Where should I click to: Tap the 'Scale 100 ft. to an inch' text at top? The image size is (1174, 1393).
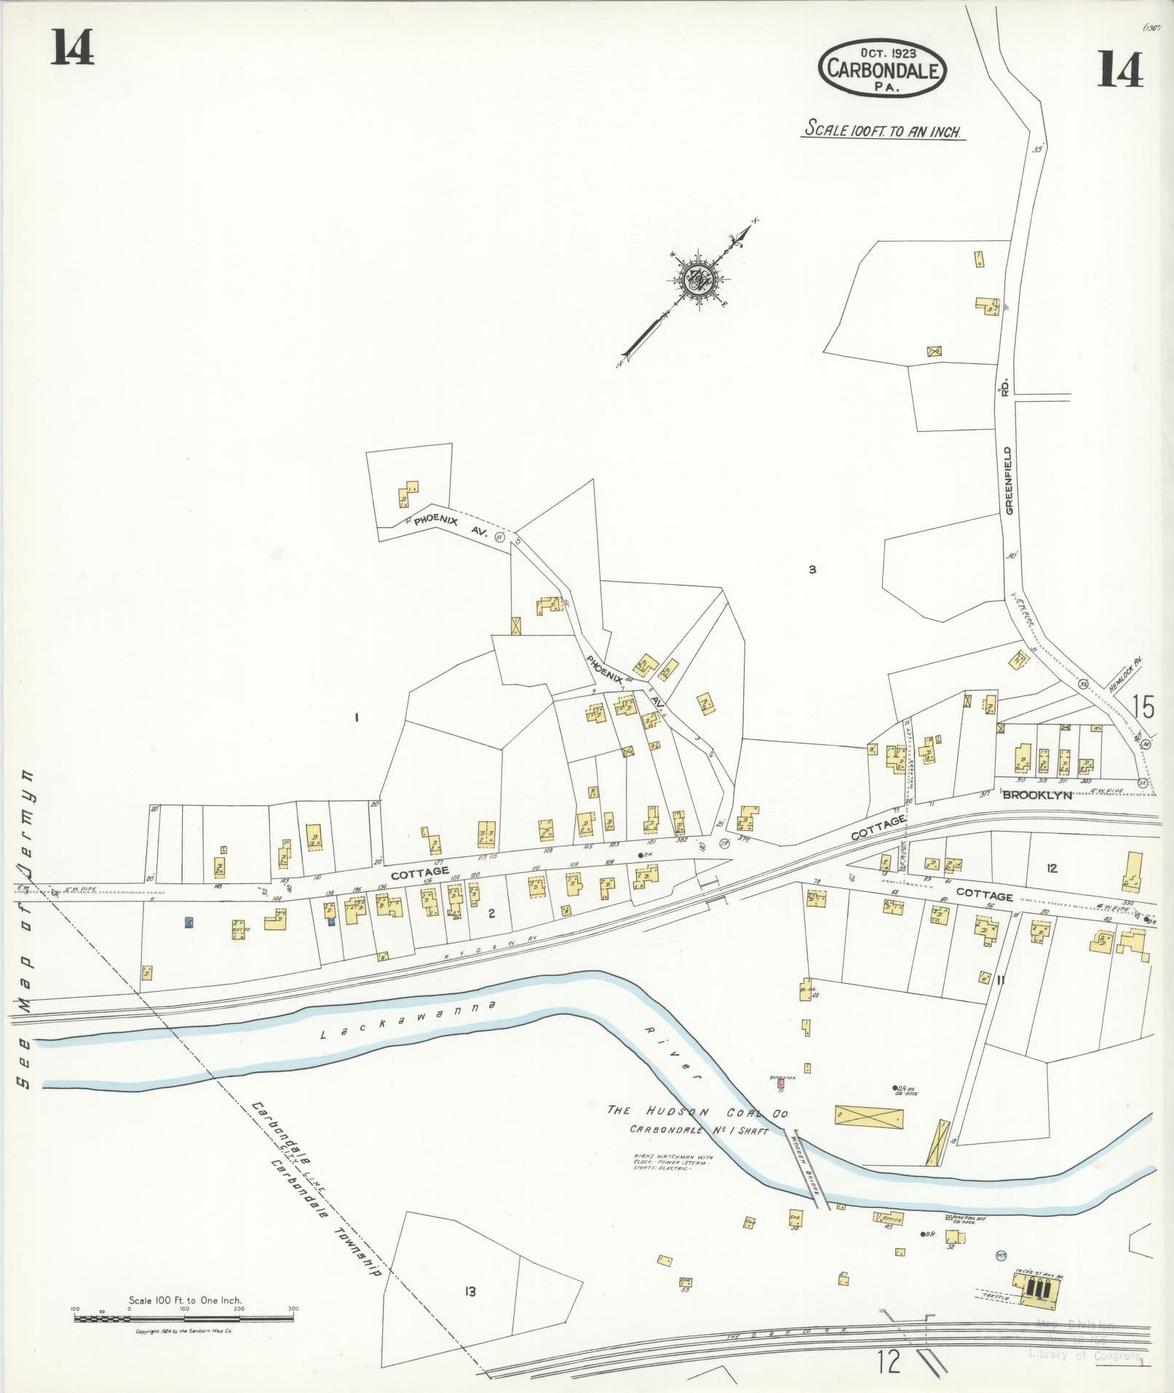tap(882, 131)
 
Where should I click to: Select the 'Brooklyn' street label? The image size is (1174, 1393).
tap(1036, 795)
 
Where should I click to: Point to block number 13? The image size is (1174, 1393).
tap(470, 1292)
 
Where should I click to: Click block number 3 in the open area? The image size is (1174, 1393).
tap(812, 570)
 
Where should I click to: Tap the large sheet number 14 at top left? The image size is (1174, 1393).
tap(72, 50)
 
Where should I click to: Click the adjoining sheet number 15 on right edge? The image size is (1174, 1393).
tap(1143, 707)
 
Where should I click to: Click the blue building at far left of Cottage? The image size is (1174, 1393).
tap(189, 923)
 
